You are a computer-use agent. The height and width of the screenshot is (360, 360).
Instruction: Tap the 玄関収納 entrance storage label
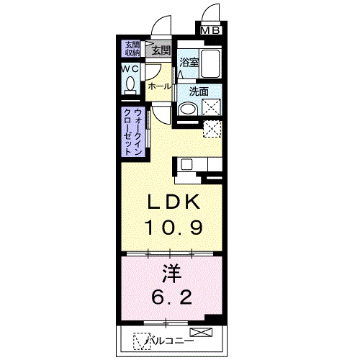click(x=132, y=49)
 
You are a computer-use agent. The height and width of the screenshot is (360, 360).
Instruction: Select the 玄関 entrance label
click(x=162, y=50)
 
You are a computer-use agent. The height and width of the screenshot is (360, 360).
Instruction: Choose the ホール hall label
click(x=159, y=86)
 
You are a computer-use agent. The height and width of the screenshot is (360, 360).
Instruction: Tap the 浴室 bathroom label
click(x=189, y=62)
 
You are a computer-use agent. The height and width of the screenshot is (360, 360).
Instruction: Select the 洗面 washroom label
click(x=199, y=91)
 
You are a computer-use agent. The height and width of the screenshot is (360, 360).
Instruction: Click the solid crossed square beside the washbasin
click(x=212, y=109)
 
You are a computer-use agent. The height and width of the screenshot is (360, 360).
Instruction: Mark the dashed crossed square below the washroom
click(x=212, y=130)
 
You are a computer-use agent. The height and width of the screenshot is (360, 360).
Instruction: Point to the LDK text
click(x=172, y=202)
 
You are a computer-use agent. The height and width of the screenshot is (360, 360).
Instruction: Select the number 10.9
click(x=173, y=227)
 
